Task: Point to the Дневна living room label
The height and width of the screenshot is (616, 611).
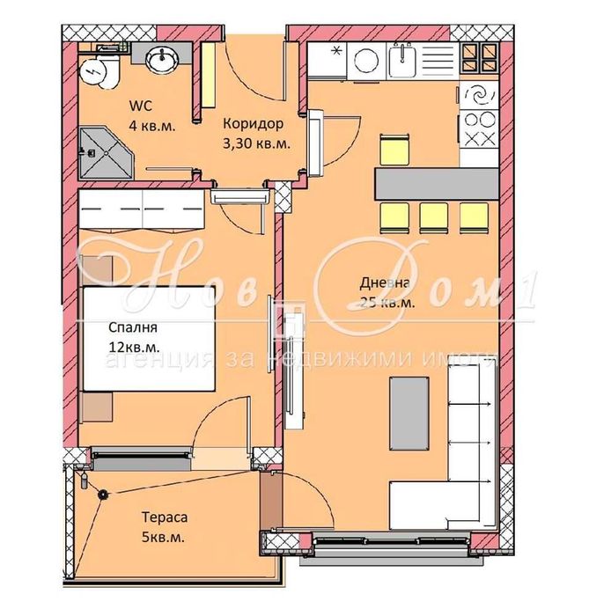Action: (383, 283)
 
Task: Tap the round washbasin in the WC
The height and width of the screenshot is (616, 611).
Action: (160, 60)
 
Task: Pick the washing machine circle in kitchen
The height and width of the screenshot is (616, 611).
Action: (364, 60)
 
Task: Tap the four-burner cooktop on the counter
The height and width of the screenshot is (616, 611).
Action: (482, 129)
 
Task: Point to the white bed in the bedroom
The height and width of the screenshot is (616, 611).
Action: (150, 339)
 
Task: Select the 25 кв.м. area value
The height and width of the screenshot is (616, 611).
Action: (386, 303)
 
